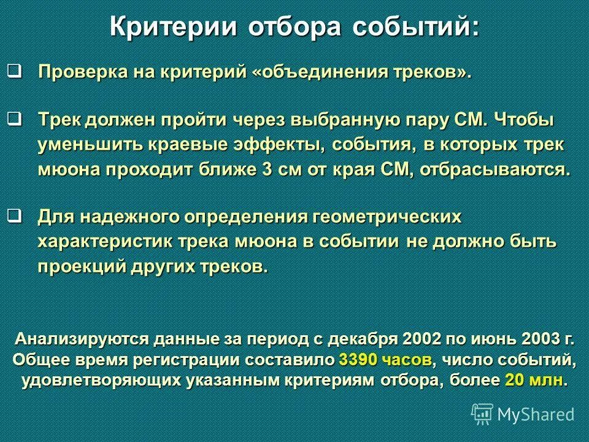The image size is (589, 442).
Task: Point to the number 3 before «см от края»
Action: pos(268,169)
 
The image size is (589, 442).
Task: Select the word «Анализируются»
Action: pos(83,339)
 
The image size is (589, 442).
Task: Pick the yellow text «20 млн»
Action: pos(533,379)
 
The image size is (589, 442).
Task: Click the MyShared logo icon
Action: pos(482,413)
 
